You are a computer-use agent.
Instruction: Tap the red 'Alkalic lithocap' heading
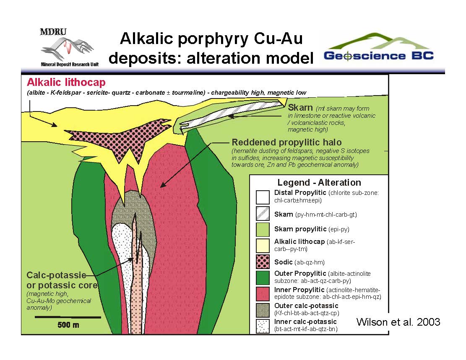[x=66, y=83]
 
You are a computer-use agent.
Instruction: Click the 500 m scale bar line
[x=68, y=317]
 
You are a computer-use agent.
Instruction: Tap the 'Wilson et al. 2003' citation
[x=398, y=322]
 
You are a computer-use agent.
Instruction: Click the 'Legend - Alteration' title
[x=319, y=183]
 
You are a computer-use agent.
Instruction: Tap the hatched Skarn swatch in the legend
[x=263, y=214]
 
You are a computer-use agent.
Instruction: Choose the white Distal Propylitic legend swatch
[x=263, y=197]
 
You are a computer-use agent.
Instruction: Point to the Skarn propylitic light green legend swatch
[x=263, y=230]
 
